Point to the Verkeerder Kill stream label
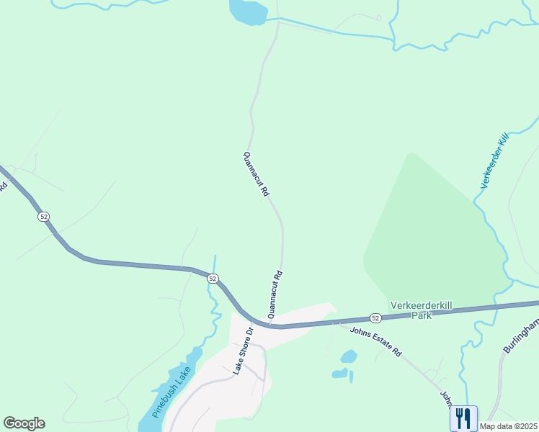pyautogui.click(x=495, y=161)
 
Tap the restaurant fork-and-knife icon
pyautogui.click(x=463, y=418)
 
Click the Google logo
pyautogui.click(x=24, y=423)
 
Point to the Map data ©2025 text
pyautogui.click(x=509, y=426)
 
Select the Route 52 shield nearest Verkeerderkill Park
pyautogui.click(x=375, y=318)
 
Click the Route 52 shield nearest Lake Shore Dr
pyautogui.click(x=212, y=278)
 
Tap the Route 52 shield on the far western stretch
pyautogui.click(x=44, y=216)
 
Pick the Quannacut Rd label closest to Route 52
pyautogui.click(x=275, y=294)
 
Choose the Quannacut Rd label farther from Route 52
pyautogui.click(x=256, y=174)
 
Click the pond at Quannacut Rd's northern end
pyautogui.click(x=247, y=12)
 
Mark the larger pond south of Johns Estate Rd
pyautogui.click(x=349, y=356)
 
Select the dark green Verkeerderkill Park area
pyautogui.click(x=425, y=230)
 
